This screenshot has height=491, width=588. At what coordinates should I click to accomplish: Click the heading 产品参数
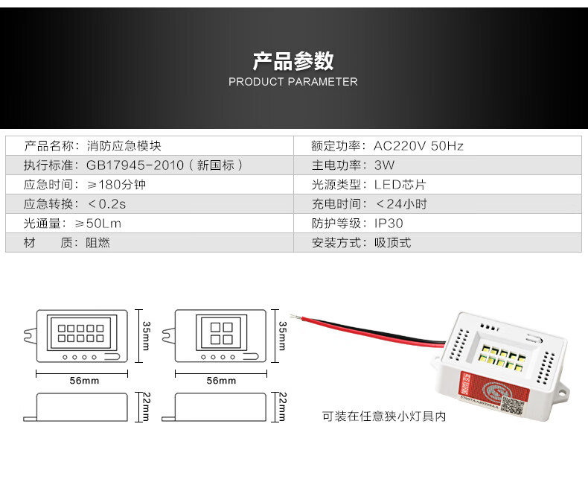pos(293,60)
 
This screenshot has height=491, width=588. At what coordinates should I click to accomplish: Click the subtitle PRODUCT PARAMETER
pos(293,82)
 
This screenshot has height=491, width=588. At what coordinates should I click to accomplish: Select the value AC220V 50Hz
pos(418,146)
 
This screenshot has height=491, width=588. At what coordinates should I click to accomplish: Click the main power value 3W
pos(385,165)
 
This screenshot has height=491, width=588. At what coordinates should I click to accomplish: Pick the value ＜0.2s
pos(106,204)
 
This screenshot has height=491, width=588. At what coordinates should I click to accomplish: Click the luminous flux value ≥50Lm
pos(108,224)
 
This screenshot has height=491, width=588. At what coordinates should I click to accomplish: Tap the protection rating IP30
pos(389,224)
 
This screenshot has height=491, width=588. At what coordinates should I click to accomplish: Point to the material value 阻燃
pos(98,243)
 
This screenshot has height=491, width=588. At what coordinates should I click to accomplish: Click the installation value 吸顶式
pos(392,243)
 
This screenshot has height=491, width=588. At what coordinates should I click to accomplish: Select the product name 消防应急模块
pos(124,146)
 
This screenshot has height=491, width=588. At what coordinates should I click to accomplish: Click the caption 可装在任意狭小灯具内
pos(383,417)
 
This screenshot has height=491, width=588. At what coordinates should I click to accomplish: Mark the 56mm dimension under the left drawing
pos(85,381)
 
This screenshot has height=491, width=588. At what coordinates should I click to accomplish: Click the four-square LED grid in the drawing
pos(220,333)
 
